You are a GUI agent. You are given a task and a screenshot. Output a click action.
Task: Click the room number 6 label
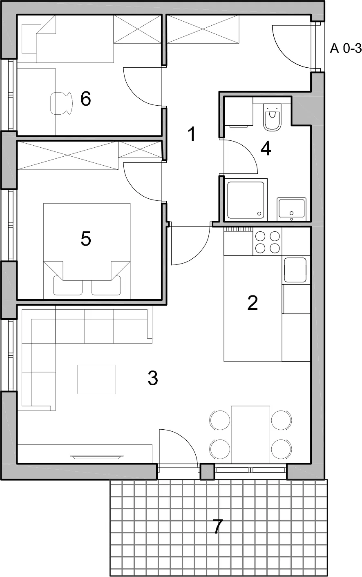point(86,99)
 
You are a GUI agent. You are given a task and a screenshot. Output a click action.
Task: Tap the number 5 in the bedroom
point(86,239)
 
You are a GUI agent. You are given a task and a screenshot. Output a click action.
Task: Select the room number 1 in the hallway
point(192,134)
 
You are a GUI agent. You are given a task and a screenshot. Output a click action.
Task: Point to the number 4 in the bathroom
point(266,149)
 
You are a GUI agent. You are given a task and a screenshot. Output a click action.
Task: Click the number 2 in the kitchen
point(253,303)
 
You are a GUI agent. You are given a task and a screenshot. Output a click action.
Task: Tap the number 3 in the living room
point(153,378)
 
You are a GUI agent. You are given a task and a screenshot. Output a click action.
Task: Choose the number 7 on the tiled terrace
point(218,526)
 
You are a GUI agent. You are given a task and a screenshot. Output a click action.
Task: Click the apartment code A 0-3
point(346,48)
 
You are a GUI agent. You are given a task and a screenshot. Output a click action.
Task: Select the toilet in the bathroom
point(272,117)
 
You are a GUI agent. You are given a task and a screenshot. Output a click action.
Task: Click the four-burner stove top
point(267,242)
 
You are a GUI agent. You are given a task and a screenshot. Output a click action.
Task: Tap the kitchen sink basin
point(295,270)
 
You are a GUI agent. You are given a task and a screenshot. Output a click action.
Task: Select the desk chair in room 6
point(62,103)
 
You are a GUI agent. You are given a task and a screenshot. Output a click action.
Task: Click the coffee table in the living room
point(96,379)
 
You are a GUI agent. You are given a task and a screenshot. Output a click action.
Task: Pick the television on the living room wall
point(97,457)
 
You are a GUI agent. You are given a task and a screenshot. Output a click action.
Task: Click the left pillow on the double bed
point(68,285)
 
